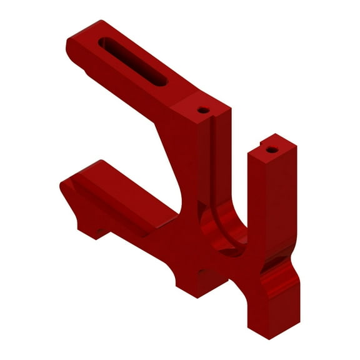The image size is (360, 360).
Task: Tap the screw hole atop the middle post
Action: click(x=202, y=110)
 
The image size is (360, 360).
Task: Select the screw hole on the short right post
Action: click(x=271, y=149)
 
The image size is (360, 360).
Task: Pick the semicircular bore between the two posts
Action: click(x=225, y=228)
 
